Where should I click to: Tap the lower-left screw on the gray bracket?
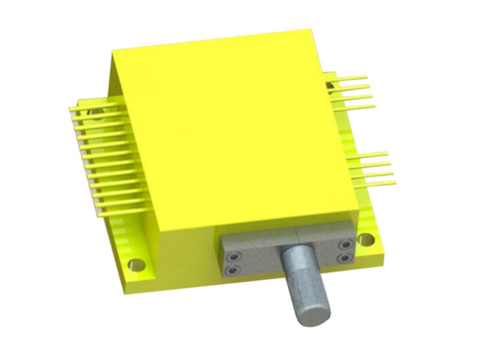coord(232,270)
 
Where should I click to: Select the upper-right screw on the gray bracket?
coord(346,244)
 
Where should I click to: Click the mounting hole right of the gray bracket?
coord(364,240)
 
